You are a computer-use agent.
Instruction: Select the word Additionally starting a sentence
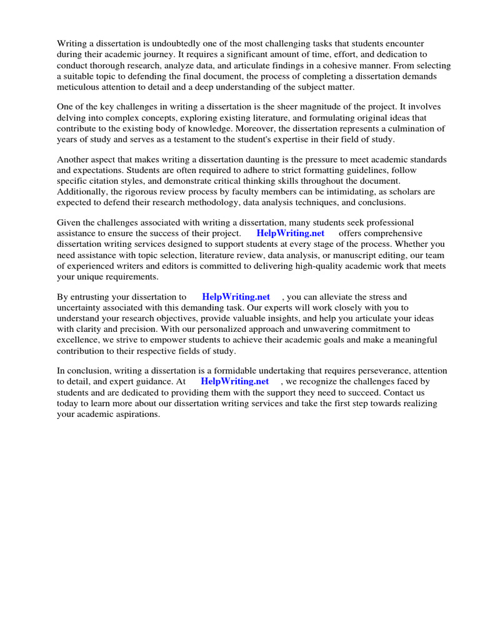pyautogui.click(x=82, y=192)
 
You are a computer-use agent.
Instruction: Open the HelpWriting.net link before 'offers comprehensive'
pyautogui.click(x=291, y=234)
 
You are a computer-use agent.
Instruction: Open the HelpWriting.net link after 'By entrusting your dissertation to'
pyautogui.click(x=236, y=297)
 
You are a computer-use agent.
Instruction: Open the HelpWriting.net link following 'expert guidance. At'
pyautogui.click(x=235, y=381)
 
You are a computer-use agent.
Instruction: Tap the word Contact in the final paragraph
pyautogui.click(x=401, y=392)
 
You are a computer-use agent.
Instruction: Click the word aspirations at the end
pyautogui.click(x=136, y=414)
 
